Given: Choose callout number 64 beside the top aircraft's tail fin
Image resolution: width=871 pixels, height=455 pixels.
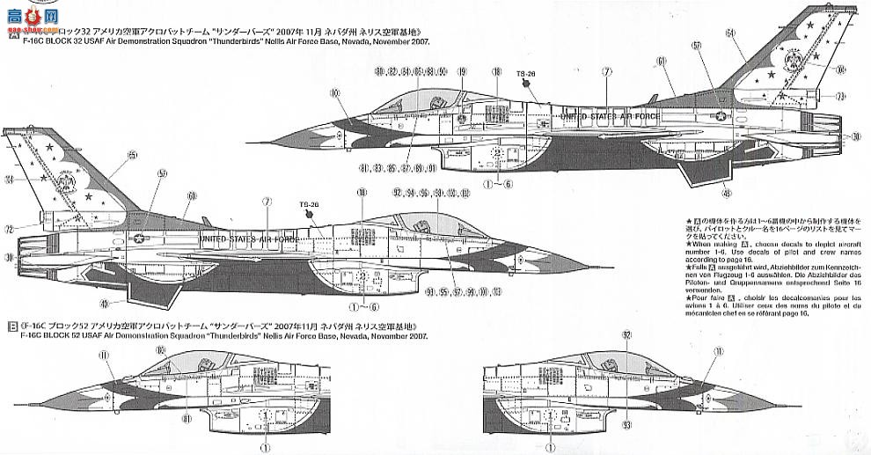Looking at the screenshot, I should point(730,33).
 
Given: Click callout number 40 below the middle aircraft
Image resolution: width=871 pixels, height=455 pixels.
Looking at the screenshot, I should point(104,305).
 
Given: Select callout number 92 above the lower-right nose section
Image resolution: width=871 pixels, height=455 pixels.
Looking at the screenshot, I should point(626,334).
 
